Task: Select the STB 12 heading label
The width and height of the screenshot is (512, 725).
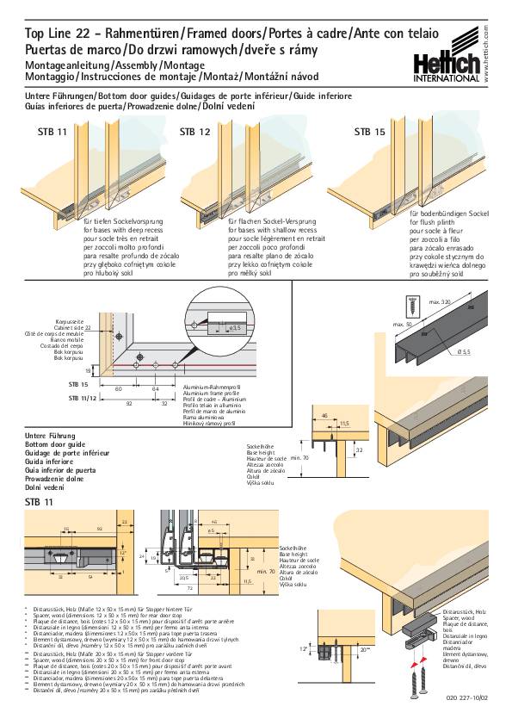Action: (x=194, y=133)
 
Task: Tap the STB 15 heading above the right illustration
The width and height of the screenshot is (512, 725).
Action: (x=370, y=133)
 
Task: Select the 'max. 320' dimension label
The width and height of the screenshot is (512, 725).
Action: (x=441, y=302)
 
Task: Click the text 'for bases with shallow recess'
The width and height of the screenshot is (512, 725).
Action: (x=273, y=231)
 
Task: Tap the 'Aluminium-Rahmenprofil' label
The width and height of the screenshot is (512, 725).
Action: (x=209, y=388)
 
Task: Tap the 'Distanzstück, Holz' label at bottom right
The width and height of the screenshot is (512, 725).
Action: (x=460, y=610)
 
